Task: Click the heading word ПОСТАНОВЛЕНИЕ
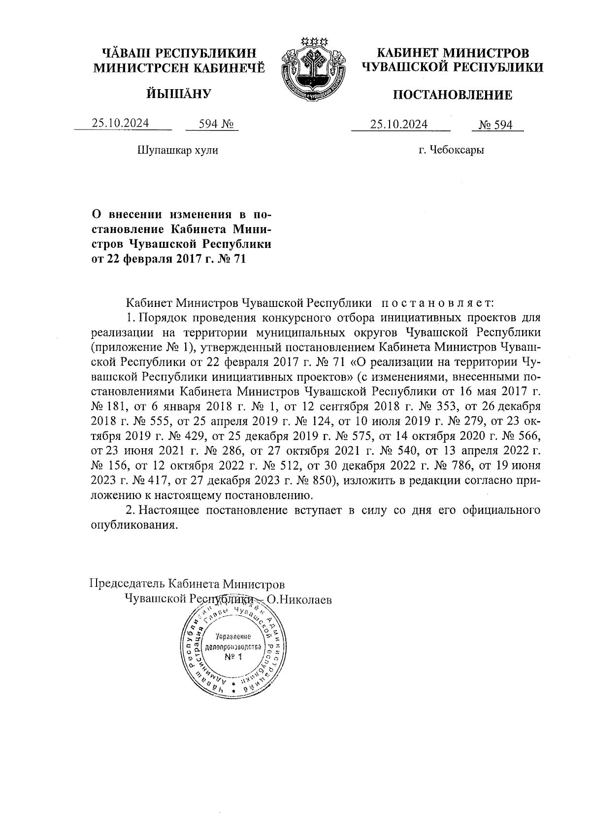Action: (x=452, y=95)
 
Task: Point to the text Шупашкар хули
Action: (x=177, y=150)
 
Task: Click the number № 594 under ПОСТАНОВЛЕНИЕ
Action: (x=496, y=125)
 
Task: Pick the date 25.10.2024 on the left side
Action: (x=121, y=124)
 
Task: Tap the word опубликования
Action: (x=133, y=525)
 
